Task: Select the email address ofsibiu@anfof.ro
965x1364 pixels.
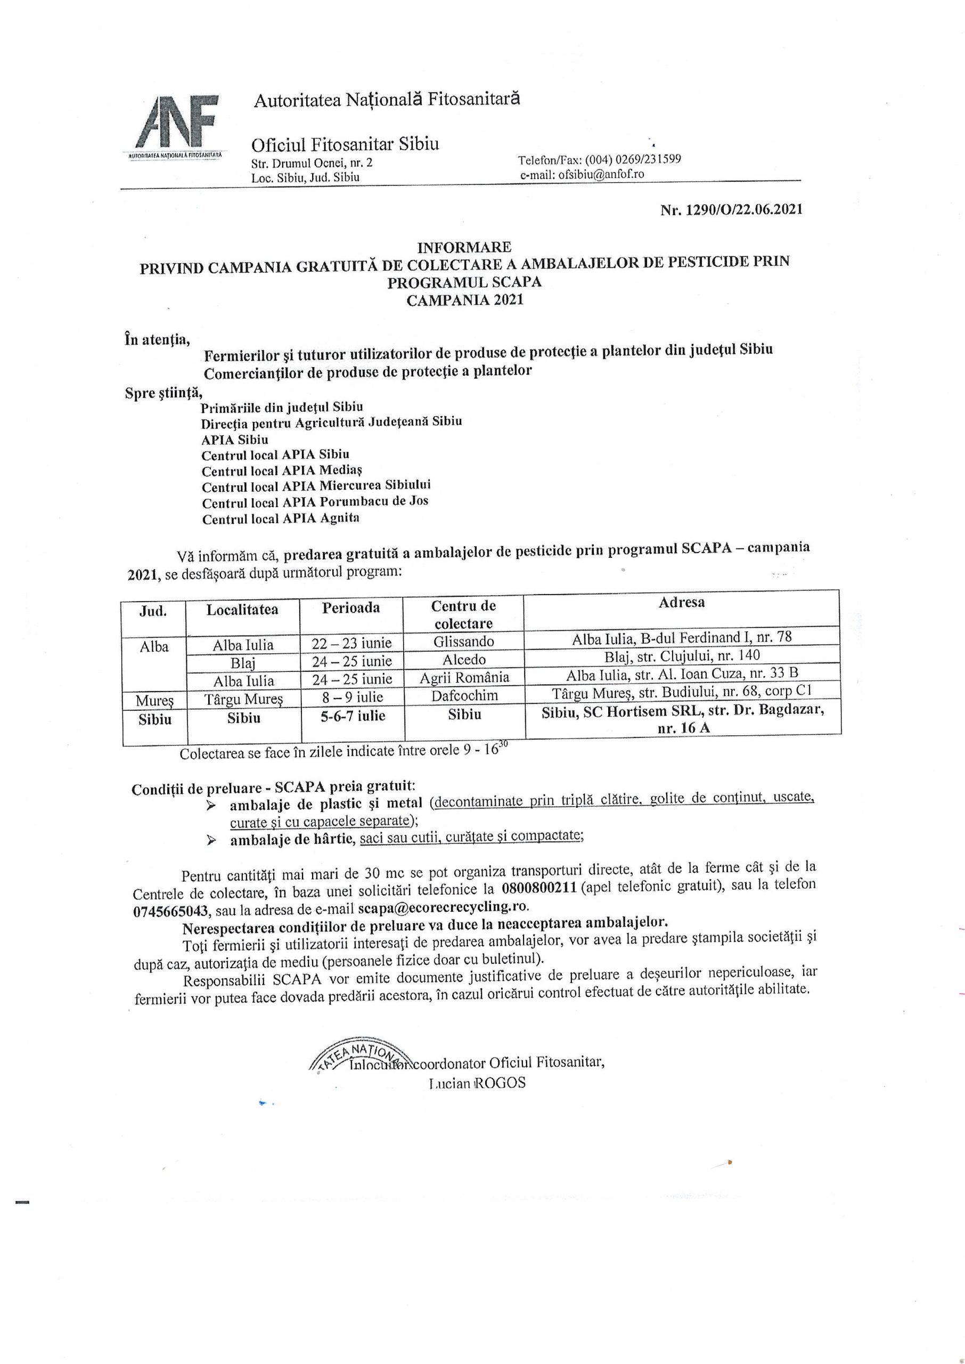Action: (601, 174)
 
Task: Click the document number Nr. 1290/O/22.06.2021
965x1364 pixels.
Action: (731, 209)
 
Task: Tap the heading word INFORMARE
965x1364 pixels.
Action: (463, 247)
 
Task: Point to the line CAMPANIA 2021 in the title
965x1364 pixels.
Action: (465, 300)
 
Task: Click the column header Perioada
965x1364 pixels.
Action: (350, 607)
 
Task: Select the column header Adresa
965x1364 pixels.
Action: (681, 602)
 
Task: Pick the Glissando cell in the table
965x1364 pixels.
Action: (463, 642)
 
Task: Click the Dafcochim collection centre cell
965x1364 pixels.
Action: (464, 695)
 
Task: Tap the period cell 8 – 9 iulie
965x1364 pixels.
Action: (353, 696)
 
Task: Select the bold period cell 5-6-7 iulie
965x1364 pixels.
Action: (353, 716)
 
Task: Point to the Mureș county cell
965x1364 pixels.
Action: (154, 701)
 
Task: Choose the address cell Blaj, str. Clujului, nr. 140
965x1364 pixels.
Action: (682, 655)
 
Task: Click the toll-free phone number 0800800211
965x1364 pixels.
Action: (539, 889)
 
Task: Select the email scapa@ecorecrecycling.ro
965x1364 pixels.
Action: (442, 907)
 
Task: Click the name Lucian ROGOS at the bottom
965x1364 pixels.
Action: (477, 1082)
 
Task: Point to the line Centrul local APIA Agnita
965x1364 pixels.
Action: (281, 518)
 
